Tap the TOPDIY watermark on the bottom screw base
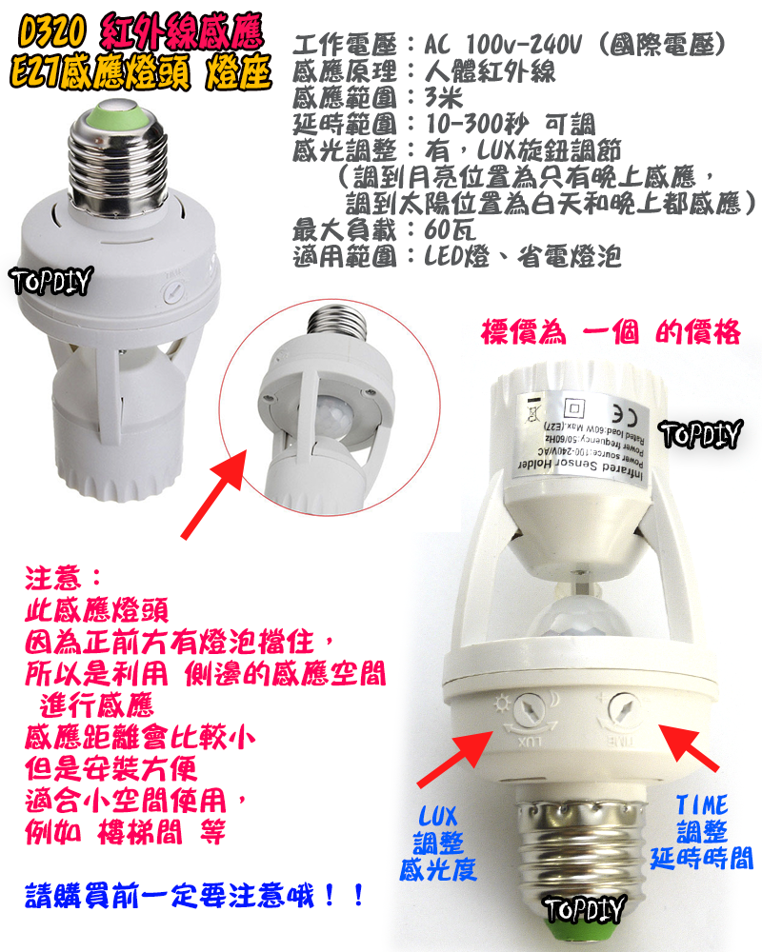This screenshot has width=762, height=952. coord(584,908)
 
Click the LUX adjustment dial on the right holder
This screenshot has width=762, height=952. coord(522,712)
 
